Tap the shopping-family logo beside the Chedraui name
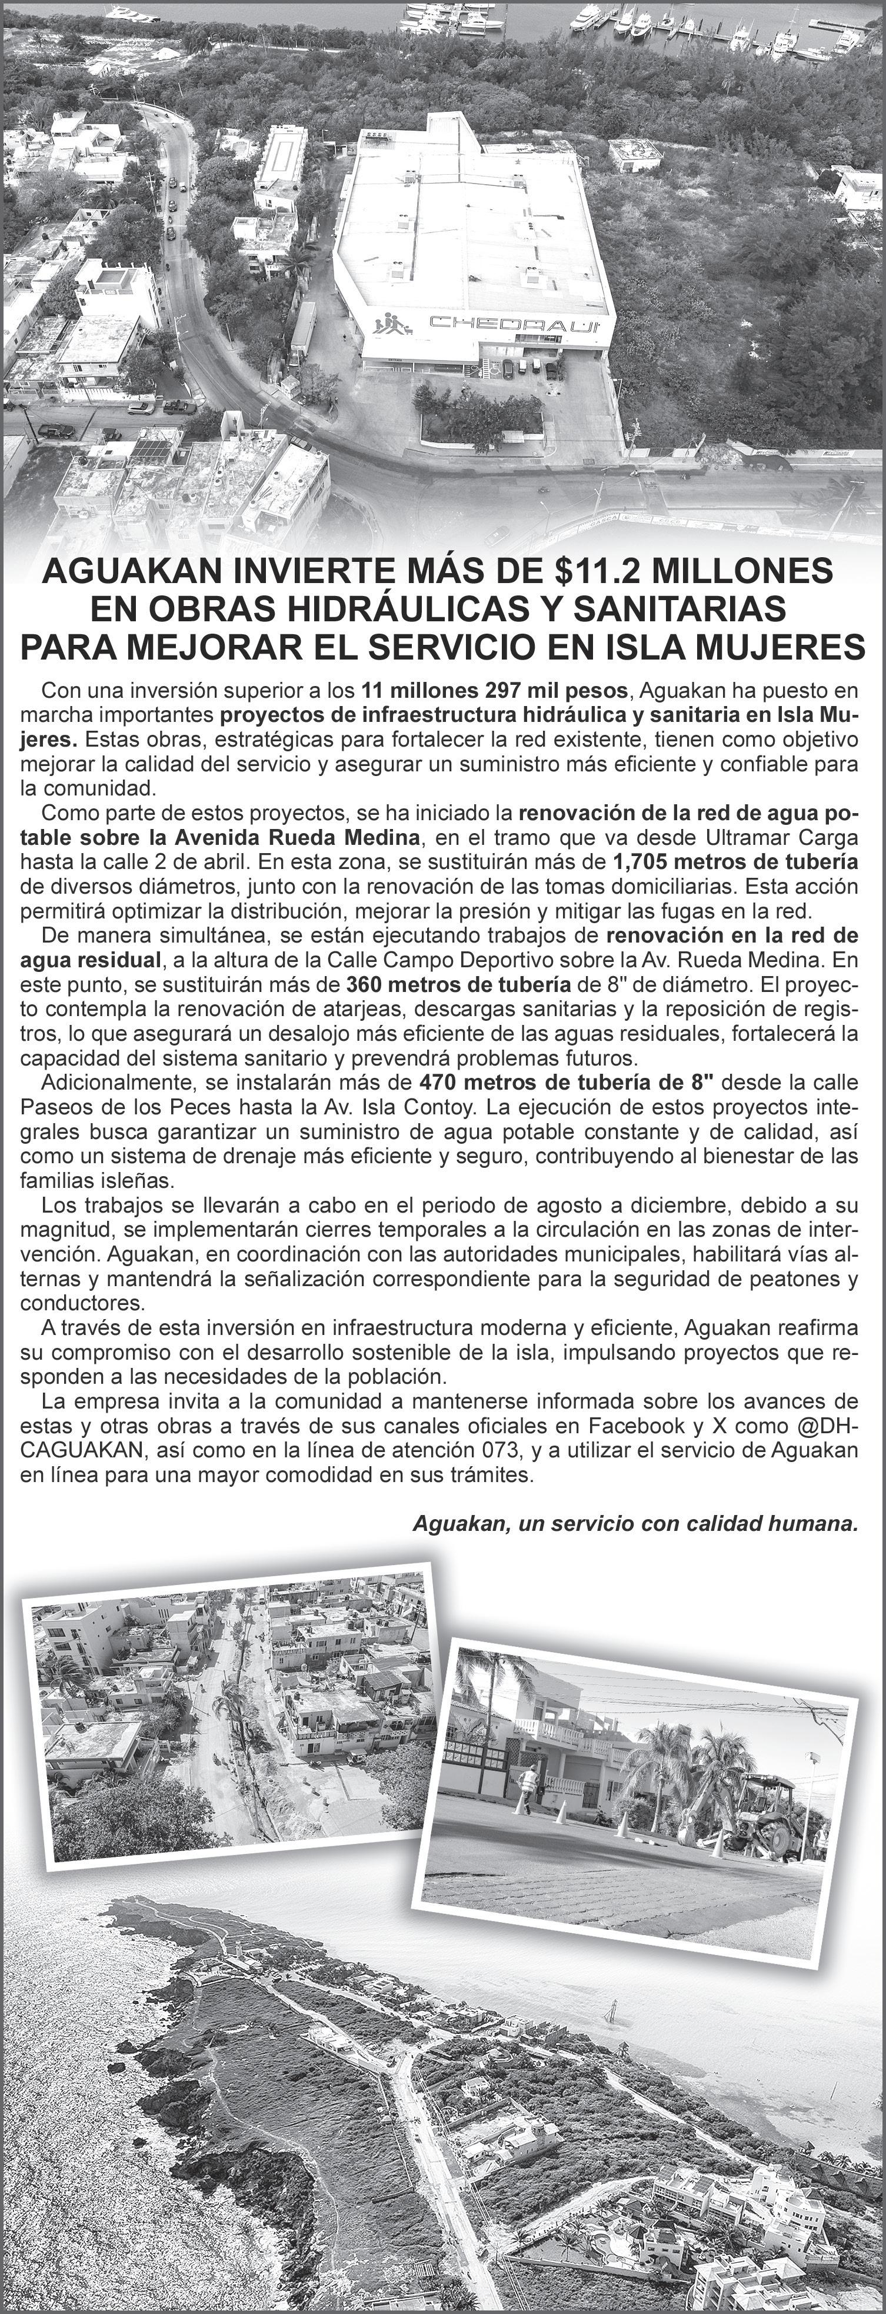[x=391, y=325]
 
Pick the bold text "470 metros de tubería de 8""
[x=567, y=1081]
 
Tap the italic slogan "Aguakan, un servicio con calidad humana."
[x=634, y=1523]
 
